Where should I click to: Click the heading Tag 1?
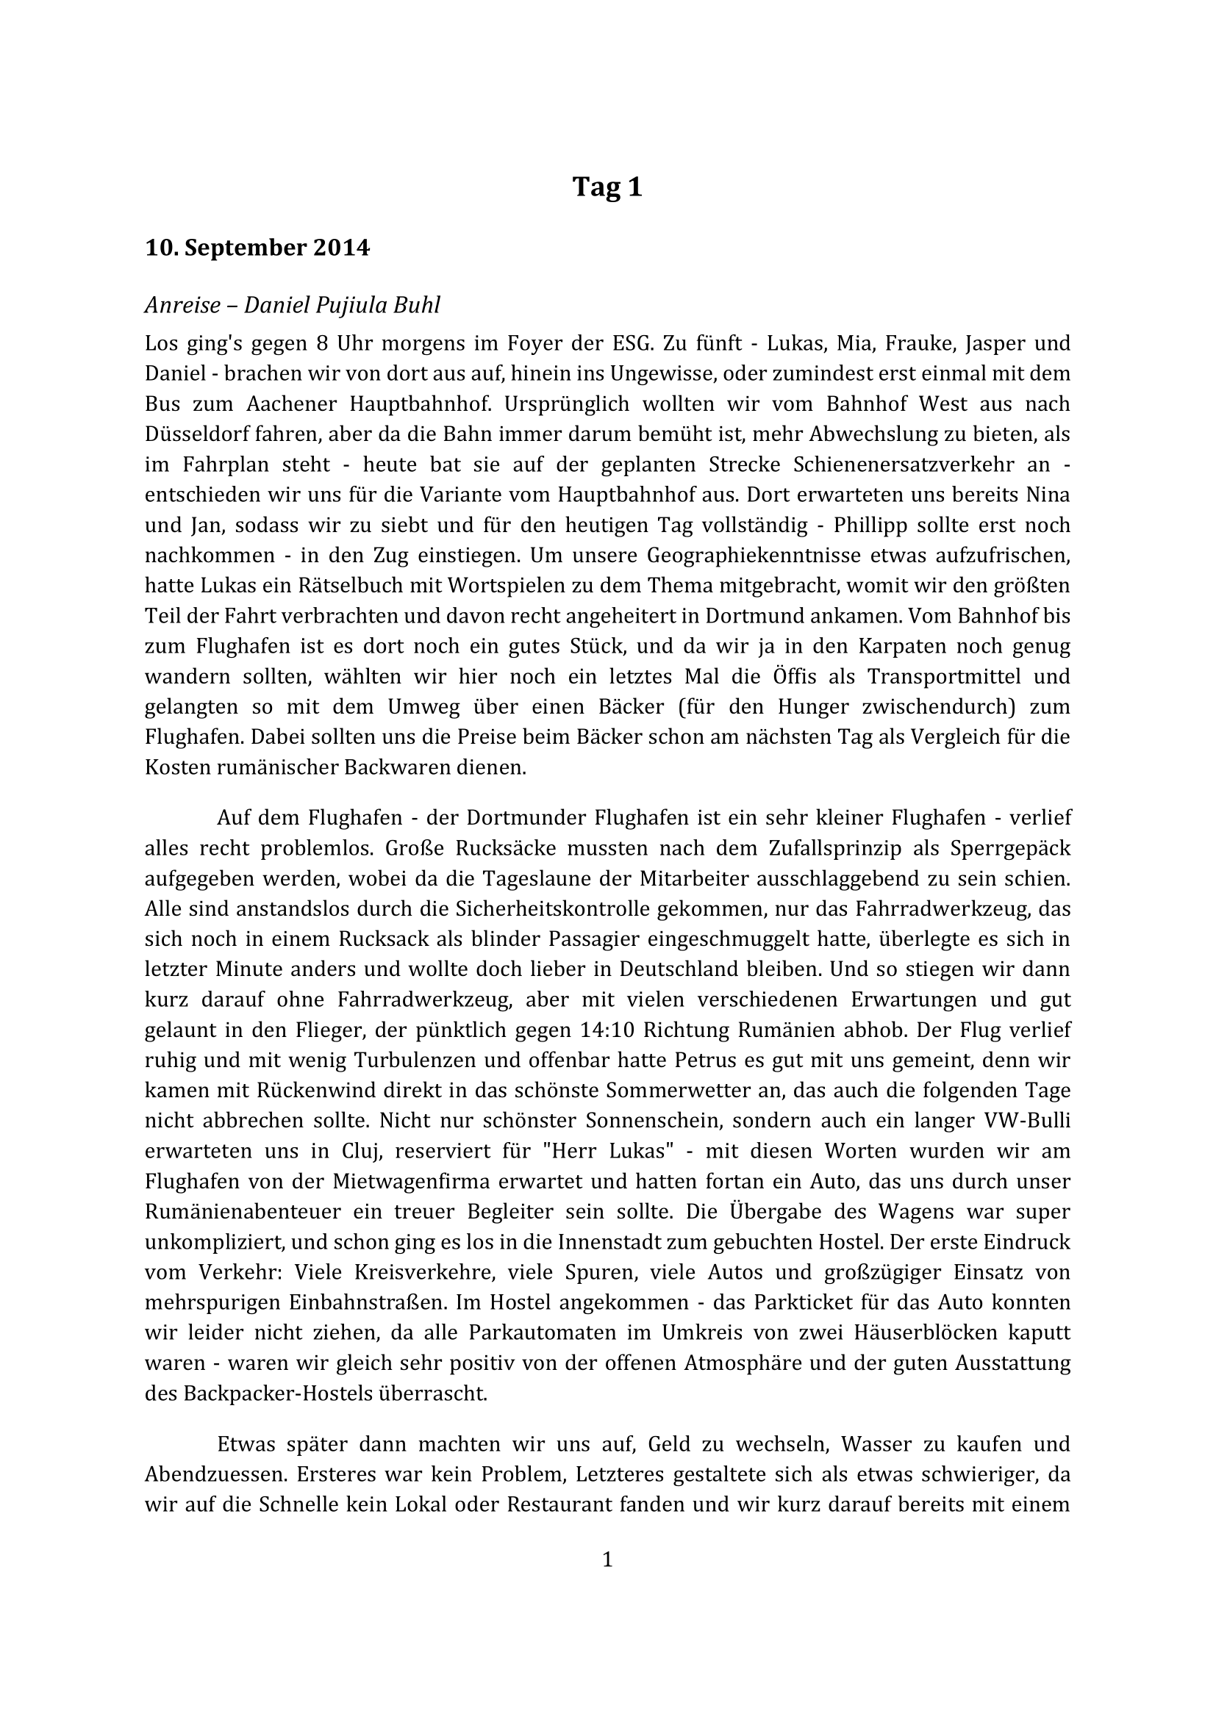[607, 187]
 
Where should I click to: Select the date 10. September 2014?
[257, 247]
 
